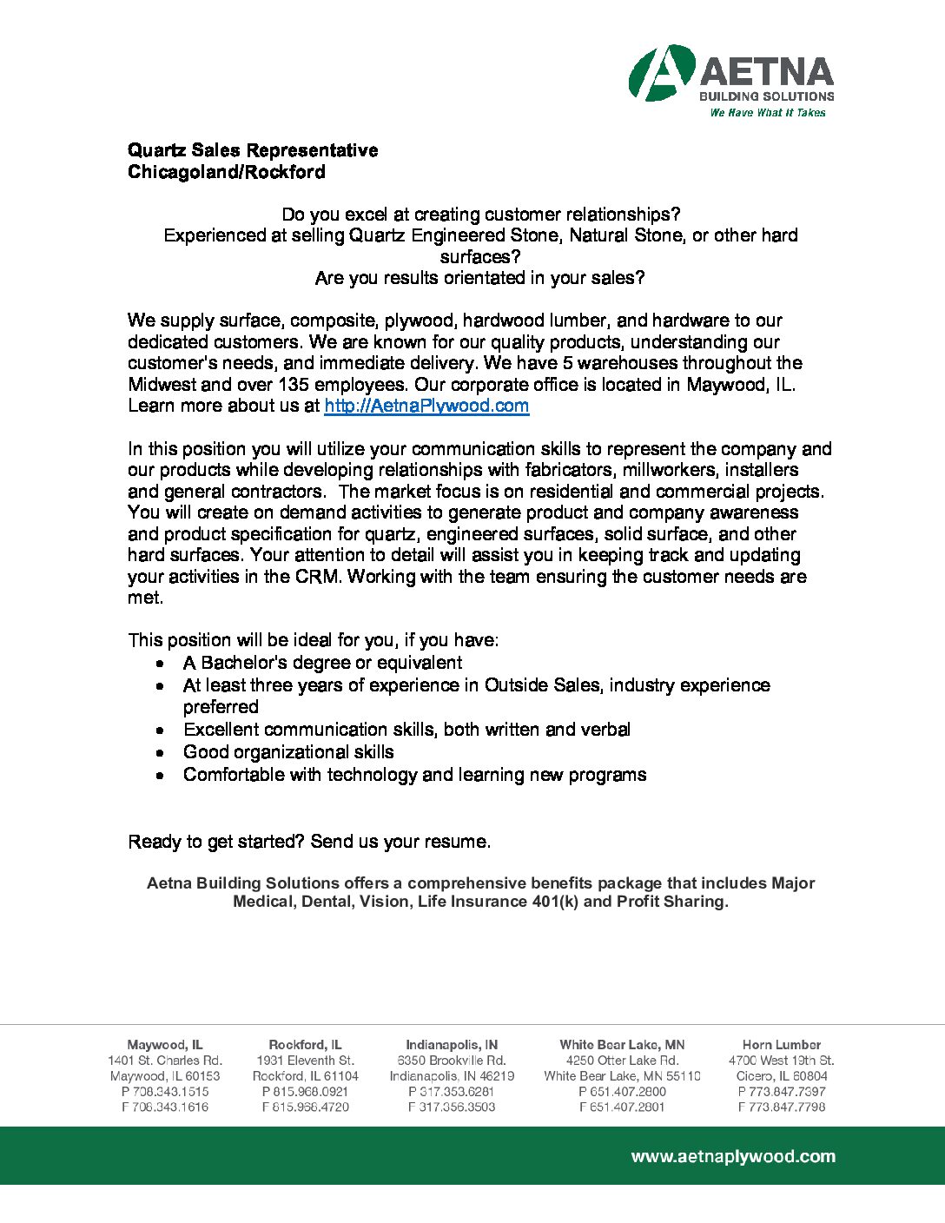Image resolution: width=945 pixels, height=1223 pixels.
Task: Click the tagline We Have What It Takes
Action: pos(767,113)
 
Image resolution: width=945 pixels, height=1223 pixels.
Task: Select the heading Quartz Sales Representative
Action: pos(253,150)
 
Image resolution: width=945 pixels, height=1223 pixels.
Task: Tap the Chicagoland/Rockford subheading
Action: pos(227,172)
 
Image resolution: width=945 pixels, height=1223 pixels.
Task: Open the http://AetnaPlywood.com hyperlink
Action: pos(426,406)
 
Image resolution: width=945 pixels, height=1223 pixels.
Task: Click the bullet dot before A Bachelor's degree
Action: pos(161,664)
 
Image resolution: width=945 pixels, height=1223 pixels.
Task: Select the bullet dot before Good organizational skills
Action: pos(161,753)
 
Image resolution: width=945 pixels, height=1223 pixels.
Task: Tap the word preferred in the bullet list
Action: pos(221,707)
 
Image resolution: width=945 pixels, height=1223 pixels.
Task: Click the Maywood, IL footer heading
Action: pos(165,1045)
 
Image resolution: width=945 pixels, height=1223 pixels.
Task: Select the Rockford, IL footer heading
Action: pos(305,1045)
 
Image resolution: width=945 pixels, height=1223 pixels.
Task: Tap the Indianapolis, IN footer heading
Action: pos(452,1045)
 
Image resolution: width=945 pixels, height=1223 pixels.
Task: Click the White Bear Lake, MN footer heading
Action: pos(622,1045)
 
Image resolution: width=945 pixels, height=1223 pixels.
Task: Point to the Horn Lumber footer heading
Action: pos(782,1045)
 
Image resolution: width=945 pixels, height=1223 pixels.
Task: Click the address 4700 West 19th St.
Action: pos(782,1061)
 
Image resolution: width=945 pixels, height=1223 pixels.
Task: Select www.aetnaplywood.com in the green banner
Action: pos(733,1156)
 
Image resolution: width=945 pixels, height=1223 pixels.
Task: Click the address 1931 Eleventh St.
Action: pos(305,1061)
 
